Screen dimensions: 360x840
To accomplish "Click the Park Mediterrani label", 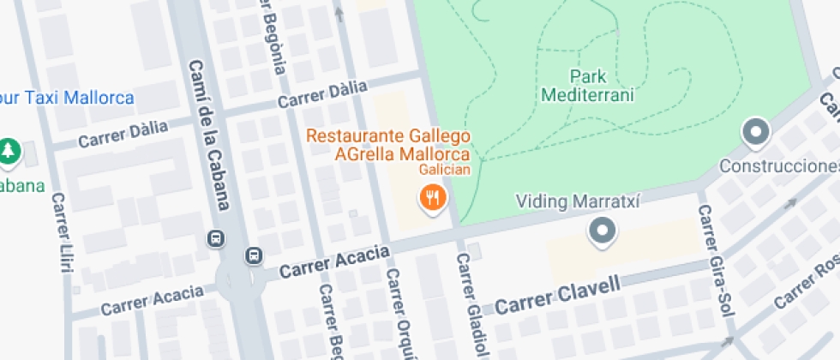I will tap(588, 86).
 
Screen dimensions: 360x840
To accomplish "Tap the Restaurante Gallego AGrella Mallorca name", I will tap(388, 145).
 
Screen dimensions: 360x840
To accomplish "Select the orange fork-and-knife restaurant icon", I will tap(434, 199).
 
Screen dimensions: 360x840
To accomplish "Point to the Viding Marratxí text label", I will tap(578, 201).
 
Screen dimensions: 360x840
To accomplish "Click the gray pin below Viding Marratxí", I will tap(603, 231).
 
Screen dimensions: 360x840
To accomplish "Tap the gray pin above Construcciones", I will tap(756, 132).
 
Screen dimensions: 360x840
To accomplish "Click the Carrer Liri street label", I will tap(62, 232).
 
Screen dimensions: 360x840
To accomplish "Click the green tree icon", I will tap(9, 151).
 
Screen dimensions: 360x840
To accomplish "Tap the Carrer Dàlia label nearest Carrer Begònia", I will tap(322, 94).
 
